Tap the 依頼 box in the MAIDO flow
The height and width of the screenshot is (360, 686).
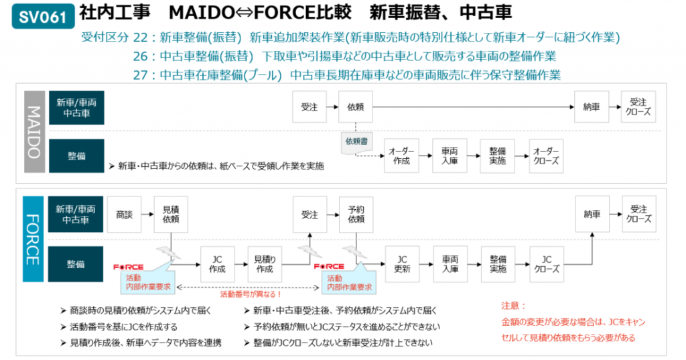coord(356,107)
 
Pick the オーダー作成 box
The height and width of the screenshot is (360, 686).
coord(401,156)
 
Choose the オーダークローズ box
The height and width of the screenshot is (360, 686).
coord(546,156)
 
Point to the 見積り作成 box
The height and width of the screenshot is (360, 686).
coord(265,263)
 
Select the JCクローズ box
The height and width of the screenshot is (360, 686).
coord(546,263)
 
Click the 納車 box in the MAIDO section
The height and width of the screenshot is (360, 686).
coord(592,107)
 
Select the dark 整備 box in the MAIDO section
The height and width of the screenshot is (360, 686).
coord(76,156)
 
